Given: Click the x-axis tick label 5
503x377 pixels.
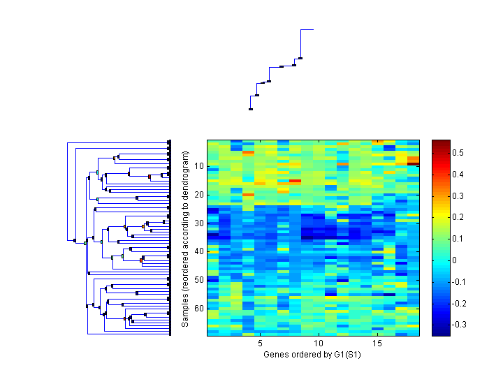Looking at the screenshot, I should coord(260,343).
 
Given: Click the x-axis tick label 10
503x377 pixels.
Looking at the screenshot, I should coord(319,343).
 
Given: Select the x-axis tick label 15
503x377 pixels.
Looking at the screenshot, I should coord(377,343).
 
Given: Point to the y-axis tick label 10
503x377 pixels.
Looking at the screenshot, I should coord(198,166).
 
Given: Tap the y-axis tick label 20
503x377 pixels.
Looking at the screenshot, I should coord(198,195).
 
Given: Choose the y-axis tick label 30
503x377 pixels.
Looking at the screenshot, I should coord(198,223).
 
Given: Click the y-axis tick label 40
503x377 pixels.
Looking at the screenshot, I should coord(198,251).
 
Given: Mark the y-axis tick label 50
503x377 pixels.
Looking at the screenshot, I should coord(198,279).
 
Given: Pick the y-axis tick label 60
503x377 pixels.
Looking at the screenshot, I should coord(198,308).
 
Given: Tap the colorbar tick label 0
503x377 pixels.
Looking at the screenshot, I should coord(455,260).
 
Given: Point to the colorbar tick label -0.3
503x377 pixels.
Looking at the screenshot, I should coord(460,325).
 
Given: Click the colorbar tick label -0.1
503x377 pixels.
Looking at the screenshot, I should coord(460,282).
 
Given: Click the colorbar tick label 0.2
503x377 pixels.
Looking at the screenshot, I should coord(459,217).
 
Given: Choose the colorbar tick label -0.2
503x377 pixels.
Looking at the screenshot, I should coord(460,304).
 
